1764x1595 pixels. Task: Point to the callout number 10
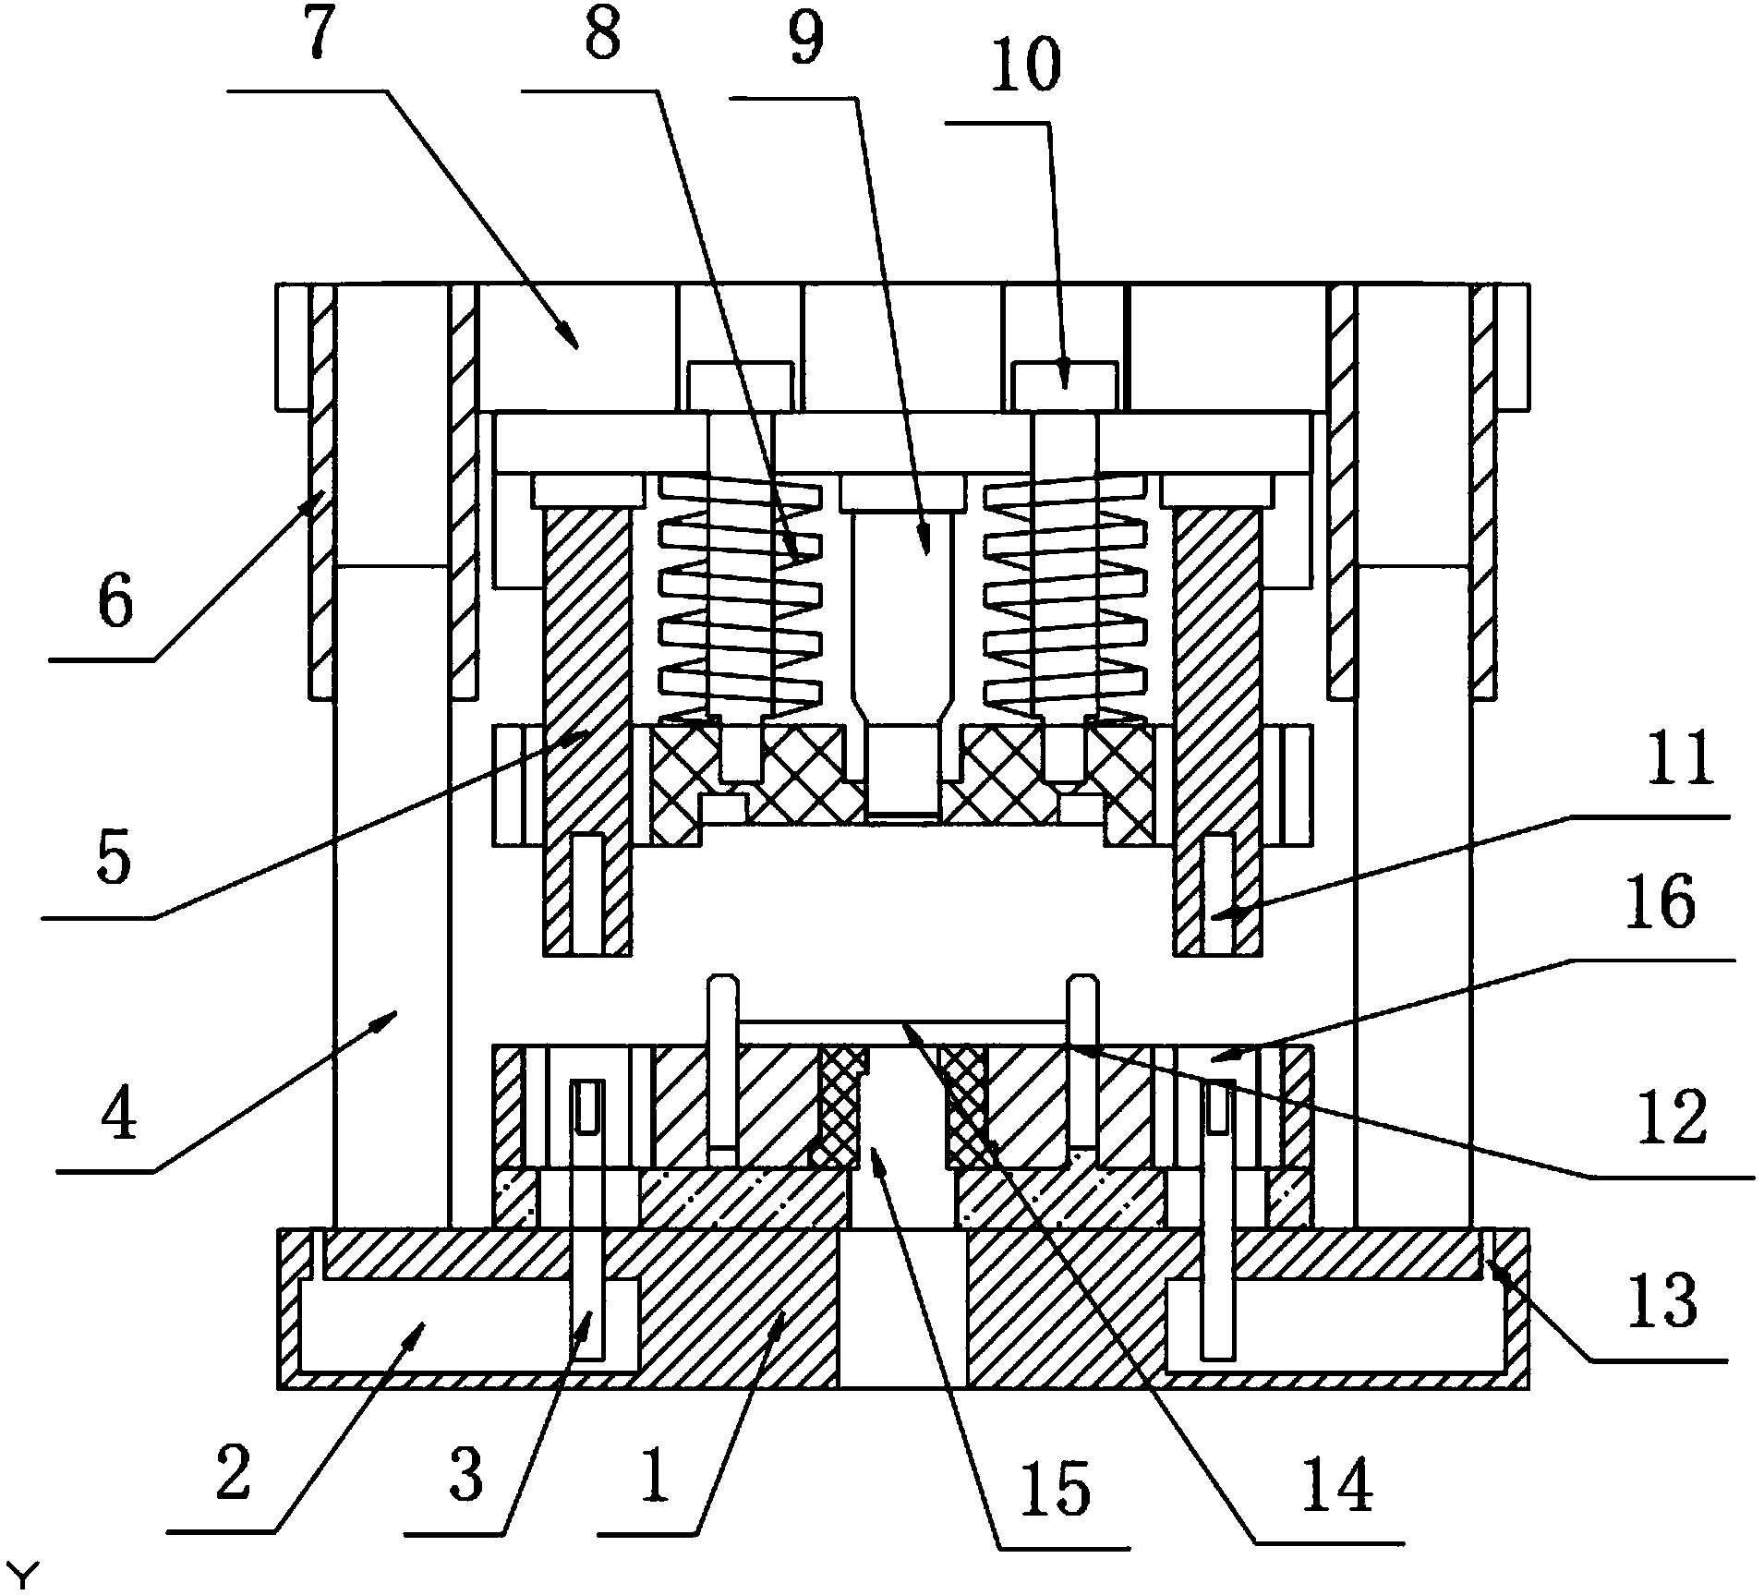click(1025, 67)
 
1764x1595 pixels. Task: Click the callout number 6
click(115, 604)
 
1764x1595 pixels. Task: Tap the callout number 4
click(118, 1115)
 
